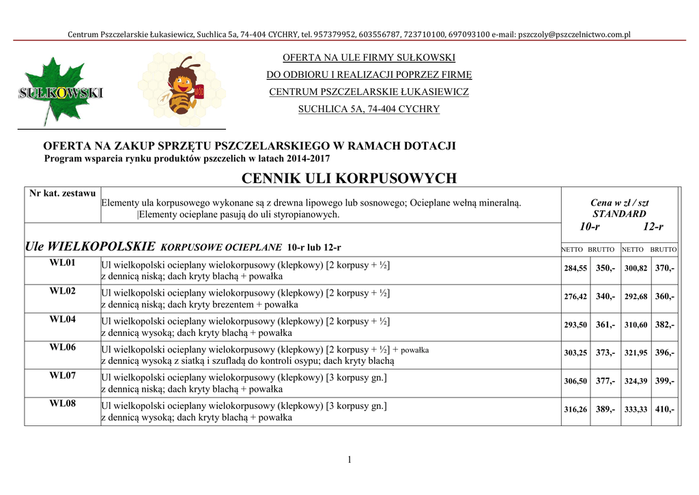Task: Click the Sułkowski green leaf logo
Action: pos(59,90)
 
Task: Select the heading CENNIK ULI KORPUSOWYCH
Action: pos(349,179)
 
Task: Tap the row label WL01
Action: pos(62,263)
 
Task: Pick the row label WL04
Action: pos(62,320)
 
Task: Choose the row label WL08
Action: pos(62,404)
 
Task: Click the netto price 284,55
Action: pos(575,269)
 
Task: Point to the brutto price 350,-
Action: pos(605,268)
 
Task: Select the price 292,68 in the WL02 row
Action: pos(636,297)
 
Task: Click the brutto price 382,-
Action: pos(665,325)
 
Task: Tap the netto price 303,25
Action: pos(575,353)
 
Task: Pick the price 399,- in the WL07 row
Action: pos(665,381)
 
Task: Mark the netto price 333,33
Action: pos(636,410)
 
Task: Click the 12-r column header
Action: pos(653,227)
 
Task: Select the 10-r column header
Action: pos(590,227)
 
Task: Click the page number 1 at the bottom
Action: pos(349,459)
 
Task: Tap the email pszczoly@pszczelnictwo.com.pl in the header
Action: pos(575,34)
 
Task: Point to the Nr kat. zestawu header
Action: pos(62,193)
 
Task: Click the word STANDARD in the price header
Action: pos(619,214)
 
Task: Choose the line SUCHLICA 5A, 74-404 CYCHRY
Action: pos(369,109)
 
